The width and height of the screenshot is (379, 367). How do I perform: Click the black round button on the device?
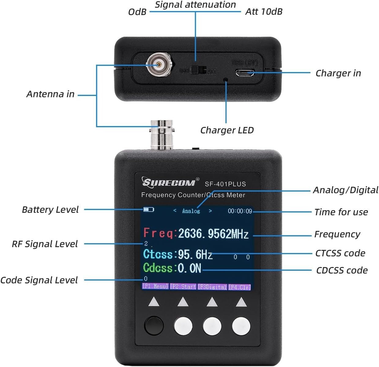154,326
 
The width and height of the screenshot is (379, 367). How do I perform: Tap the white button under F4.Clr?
241,326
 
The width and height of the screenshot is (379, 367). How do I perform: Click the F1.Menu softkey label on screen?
155,287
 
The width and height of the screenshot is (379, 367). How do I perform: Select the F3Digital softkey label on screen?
213,287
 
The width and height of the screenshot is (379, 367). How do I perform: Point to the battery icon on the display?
149,210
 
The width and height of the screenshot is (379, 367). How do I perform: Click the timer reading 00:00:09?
240,211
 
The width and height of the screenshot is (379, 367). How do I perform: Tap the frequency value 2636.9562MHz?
213,234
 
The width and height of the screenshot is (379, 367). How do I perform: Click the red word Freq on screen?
159,233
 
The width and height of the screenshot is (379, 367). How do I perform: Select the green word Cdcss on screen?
158,268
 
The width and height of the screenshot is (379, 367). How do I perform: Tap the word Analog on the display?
191,211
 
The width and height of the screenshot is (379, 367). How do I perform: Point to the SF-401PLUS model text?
225,184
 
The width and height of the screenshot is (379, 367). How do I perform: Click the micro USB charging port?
244,73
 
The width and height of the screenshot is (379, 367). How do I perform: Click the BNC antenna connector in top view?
159,65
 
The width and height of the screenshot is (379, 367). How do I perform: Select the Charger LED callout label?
227,130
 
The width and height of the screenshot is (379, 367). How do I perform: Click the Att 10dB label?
264,12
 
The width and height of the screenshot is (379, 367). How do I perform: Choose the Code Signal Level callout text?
39,280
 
